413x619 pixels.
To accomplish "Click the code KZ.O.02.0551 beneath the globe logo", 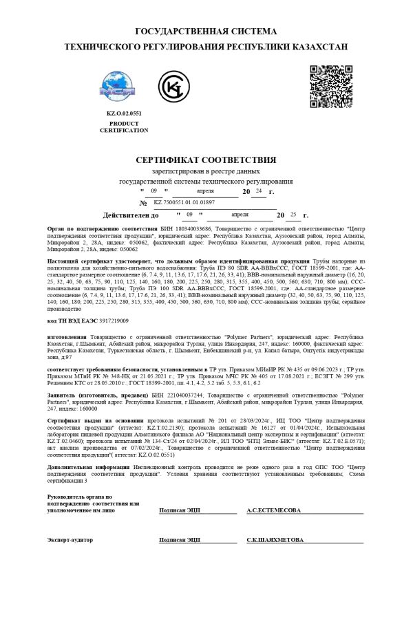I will tap(123, 113).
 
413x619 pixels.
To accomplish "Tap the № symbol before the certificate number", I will tap(143, 204).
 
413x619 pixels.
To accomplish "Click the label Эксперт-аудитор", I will tap(70, 540).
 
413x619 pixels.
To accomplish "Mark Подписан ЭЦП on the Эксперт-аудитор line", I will tap(179, 540).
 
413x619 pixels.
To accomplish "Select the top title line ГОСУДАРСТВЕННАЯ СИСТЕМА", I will tap(206, 32).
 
